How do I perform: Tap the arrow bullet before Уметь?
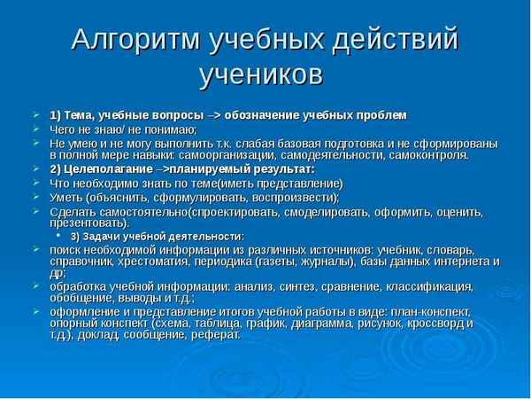[35, 197]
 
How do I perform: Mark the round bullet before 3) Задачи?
[60, 237]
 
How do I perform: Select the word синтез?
[272, 286]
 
